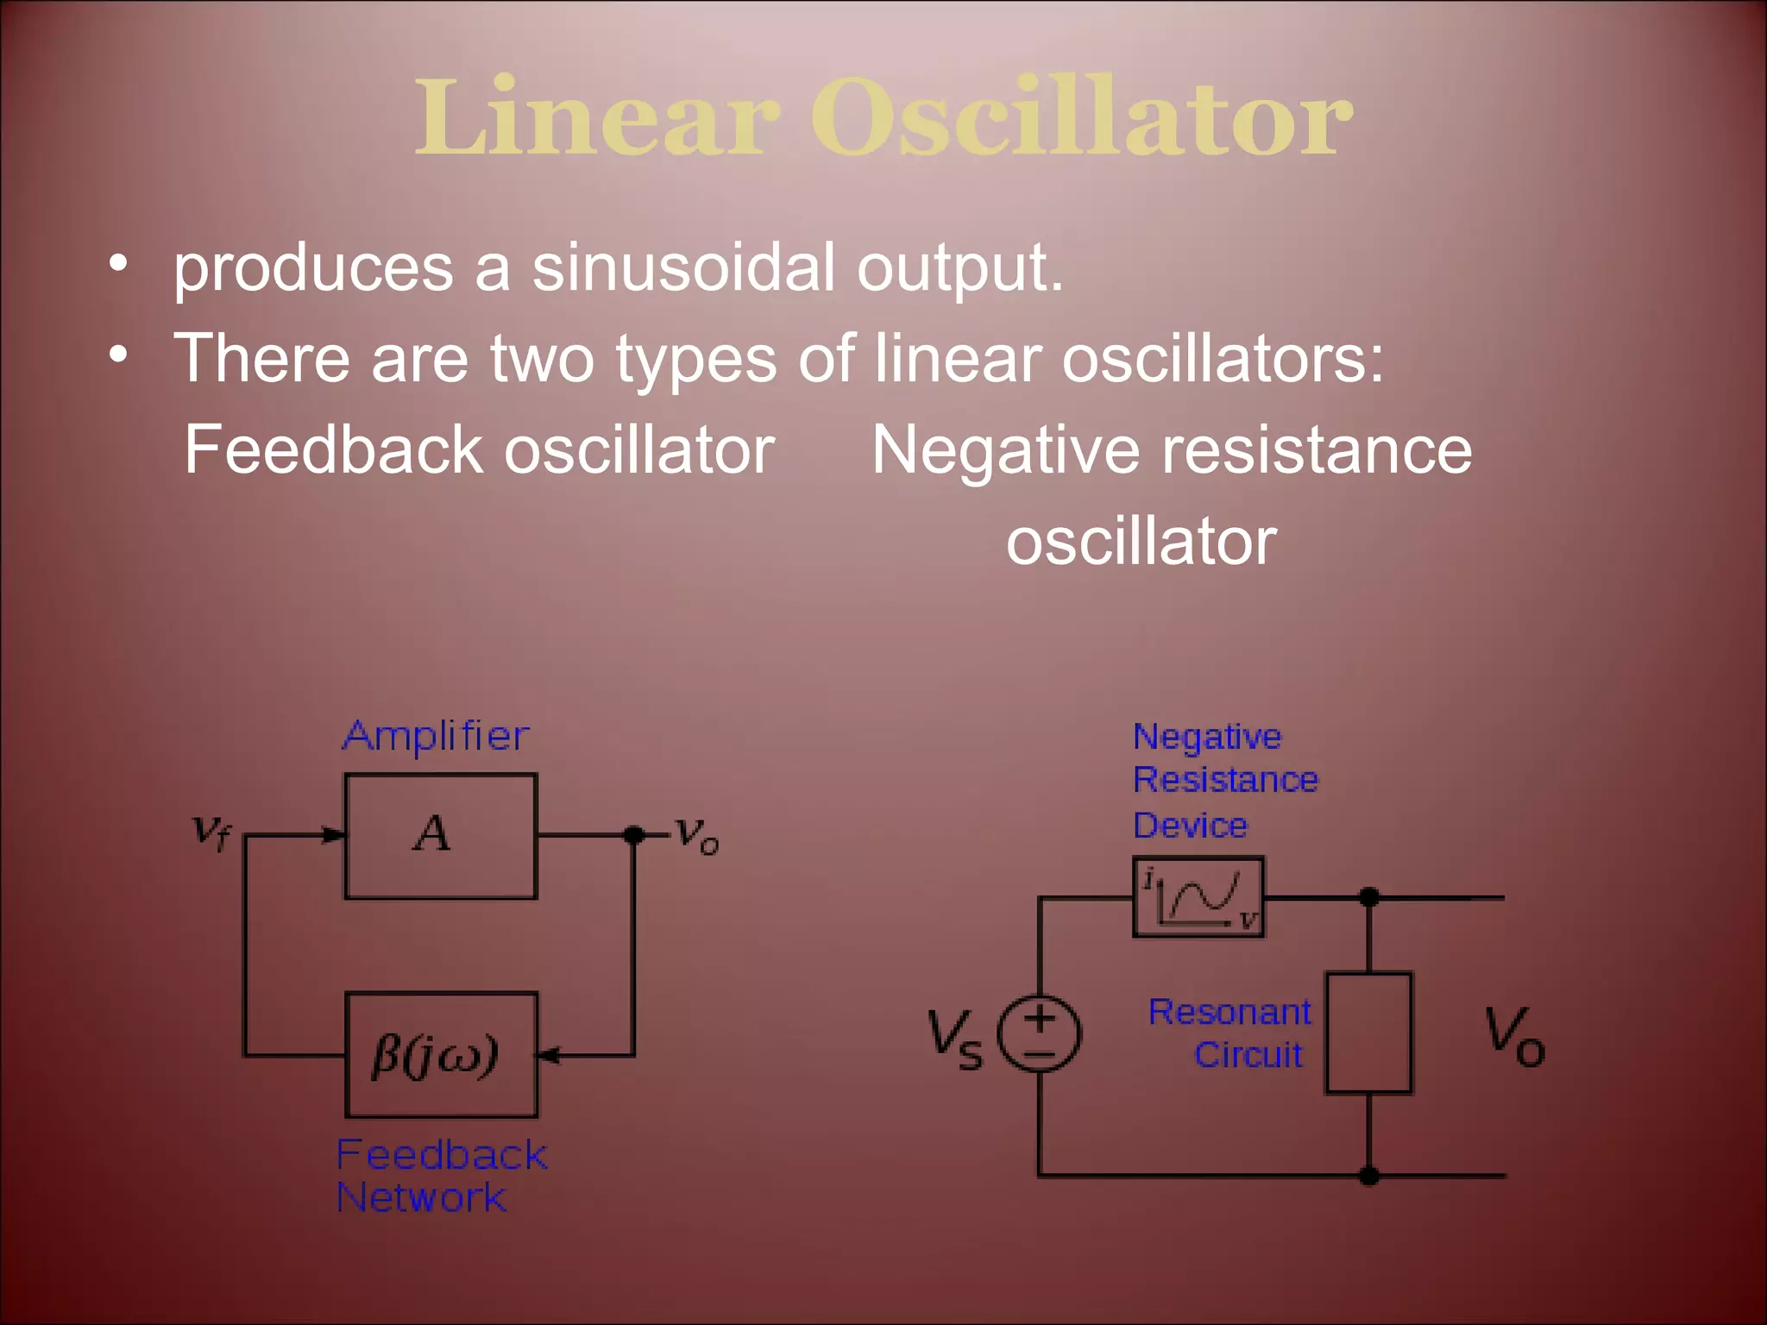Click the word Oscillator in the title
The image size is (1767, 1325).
tap(1080, 119)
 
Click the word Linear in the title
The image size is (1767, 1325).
tap(597, 119)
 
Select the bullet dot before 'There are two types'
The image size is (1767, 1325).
tap(119, 354)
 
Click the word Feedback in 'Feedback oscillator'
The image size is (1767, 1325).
tap(333, 450)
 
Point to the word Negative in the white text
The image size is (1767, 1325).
tap(1006, 450)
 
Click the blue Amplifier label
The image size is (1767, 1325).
tap(436, 736)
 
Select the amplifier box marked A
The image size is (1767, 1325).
tap(440, 836)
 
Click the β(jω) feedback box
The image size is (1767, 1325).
tap(440, 1054)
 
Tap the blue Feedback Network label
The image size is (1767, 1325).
tap(440, 1175)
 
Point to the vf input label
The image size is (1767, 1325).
tap(211, 832)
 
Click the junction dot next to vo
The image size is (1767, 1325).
tap(633, 834)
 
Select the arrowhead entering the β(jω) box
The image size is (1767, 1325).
tap(548, 1055)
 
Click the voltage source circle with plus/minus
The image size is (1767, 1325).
tap(1039, 1033)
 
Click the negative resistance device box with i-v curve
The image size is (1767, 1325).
tap(1198, 897)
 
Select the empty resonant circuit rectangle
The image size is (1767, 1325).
tap(1368, 1033)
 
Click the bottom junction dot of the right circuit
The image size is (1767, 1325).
tap(1368, 1175)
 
